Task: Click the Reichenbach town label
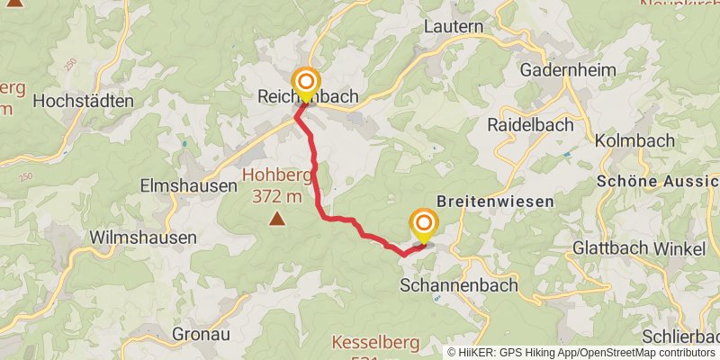(x=308, y=96)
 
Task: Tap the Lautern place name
(x=454, y=26)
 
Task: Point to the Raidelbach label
(x=529, y=125)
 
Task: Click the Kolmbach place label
(x=634, y=140)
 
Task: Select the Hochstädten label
(x=83, y=102)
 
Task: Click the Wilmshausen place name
(x=143, y=238)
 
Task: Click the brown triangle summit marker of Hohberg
(x=276, y=219)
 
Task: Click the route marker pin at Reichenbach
(x=306, y=84)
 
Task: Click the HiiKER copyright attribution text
(x=581, y=352)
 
